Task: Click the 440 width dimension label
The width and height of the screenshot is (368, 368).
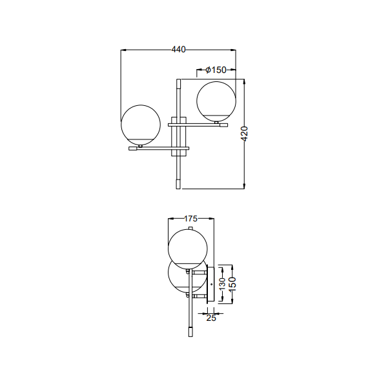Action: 178,50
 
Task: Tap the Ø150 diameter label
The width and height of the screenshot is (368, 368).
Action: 216,70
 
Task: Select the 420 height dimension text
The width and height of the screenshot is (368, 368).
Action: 244,134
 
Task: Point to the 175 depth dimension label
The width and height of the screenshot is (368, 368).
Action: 190,219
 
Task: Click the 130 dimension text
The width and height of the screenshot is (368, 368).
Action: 222,283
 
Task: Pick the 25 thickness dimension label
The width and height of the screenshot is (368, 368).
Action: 211,318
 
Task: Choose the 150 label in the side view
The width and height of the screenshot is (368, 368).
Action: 232,283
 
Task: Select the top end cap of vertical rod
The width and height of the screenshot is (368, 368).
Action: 178,83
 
